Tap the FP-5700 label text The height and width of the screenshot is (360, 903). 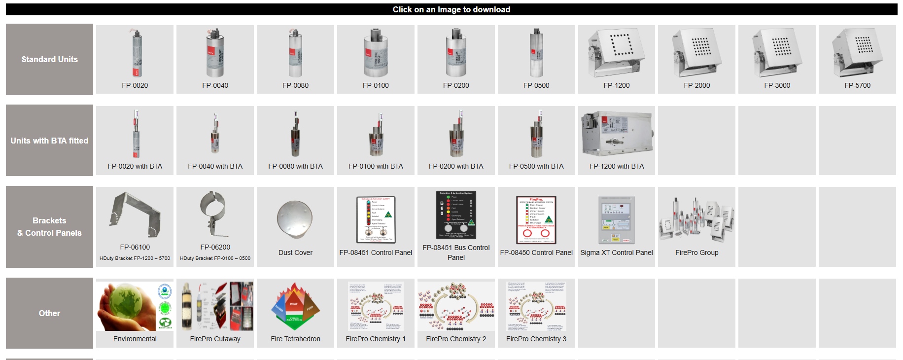coord(857,85)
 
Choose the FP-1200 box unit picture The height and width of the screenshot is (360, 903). coord(617,52)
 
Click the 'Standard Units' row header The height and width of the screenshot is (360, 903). coord(49,59)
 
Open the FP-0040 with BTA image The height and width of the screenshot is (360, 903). coord(215,134)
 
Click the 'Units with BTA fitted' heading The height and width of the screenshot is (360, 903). coord(49,141)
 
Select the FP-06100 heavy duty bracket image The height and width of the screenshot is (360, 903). coord(135,215)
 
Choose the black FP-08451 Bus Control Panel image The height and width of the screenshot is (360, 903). coord(456,216)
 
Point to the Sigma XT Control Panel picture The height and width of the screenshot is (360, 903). coord(616,220)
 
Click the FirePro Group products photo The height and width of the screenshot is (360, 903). coord(696,220)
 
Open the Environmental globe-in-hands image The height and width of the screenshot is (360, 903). coord(135,306)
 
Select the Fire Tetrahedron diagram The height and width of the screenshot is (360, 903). coord(295,306)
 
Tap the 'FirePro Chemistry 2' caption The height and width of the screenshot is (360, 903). coord(456,339)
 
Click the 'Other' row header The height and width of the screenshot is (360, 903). coord(49,313)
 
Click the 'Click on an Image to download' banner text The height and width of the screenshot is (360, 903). coord(451,9)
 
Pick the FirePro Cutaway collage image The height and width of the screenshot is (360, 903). coord(215,306)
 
